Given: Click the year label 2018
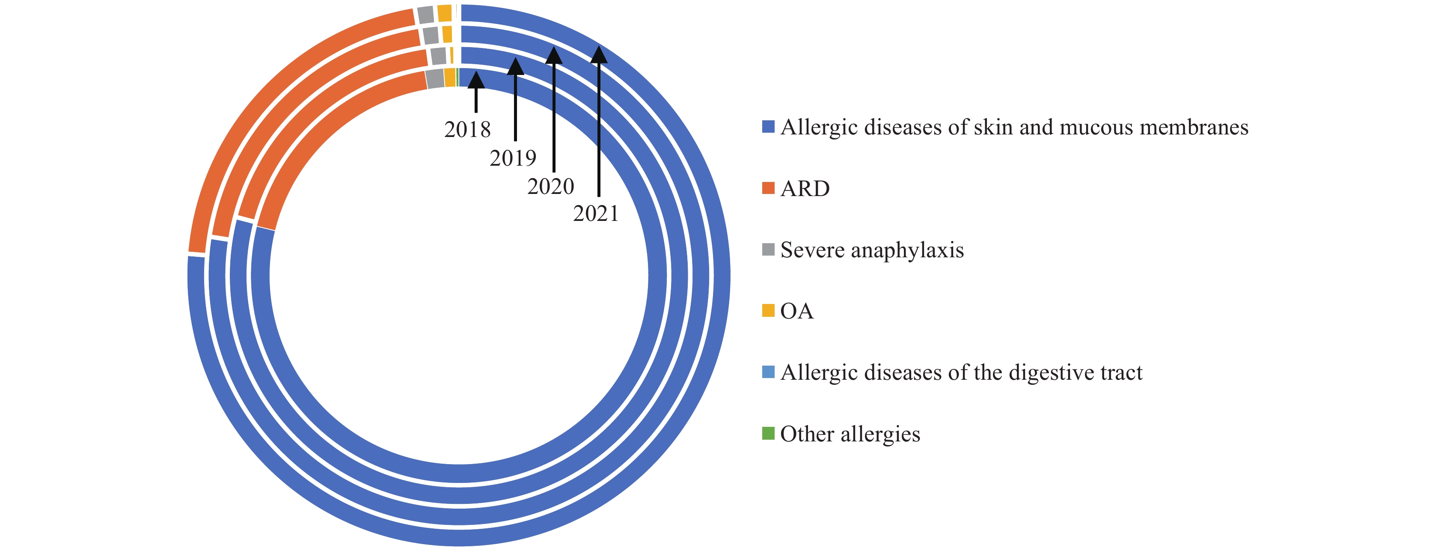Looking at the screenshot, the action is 467,130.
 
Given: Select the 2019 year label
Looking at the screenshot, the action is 513,158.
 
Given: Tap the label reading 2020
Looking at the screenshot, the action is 550,186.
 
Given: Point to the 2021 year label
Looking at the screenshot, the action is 596,214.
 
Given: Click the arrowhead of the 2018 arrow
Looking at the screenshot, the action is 476,80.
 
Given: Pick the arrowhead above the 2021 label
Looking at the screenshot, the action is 599,54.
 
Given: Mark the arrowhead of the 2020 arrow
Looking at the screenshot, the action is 554,56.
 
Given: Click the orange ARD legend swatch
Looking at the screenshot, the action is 768,188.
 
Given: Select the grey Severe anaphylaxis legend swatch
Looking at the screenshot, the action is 768,249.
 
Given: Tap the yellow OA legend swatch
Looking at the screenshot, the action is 768,311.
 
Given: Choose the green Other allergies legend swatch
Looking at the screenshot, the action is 768,433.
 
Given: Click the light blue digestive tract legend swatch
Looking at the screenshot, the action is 768,372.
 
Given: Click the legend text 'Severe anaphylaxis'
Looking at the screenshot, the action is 872,250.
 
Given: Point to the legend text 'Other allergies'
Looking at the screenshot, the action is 850,434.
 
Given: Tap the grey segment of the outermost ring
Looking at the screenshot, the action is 426,15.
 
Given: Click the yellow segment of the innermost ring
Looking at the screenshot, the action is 450,78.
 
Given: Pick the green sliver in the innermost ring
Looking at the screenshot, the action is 458,77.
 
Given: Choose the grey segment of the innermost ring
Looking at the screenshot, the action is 435,79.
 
